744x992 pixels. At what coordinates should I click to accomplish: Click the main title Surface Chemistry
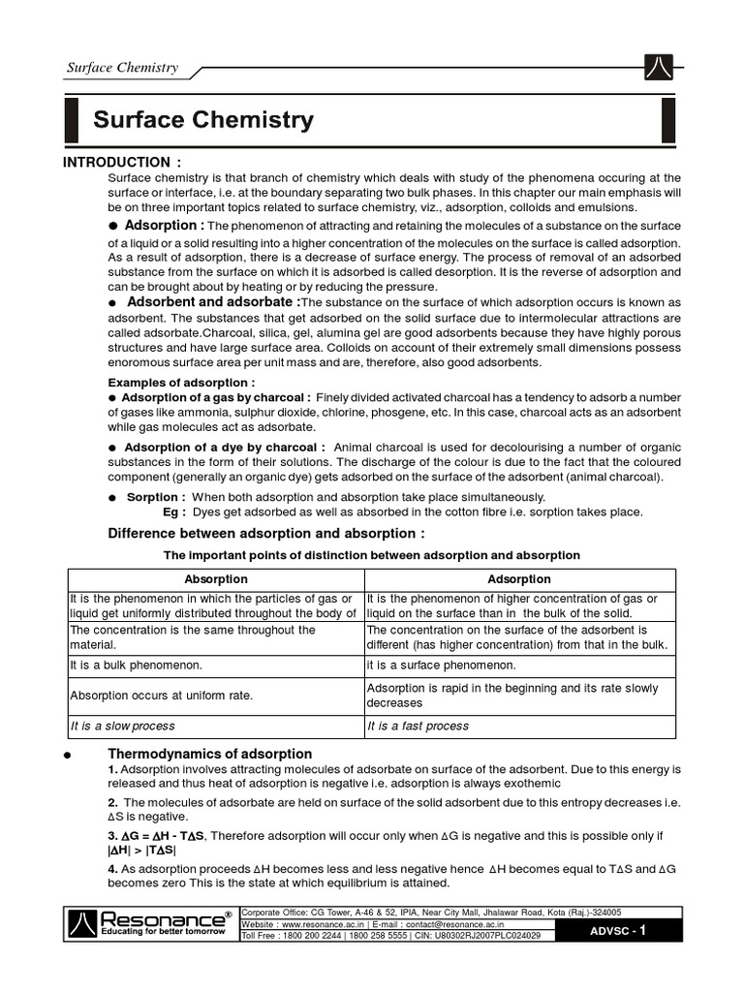click(x=203, y=120)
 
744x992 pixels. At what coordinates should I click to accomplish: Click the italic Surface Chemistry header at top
click(x=122, y=68)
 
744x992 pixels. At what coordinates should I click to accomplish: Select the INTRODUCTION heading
click(x=122, y=161)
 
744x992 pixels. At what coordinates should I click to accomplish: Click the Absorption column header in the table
click(x=216, y=579)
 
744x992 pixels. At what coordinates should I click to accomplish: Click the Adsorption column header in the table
click(x=520, y=579)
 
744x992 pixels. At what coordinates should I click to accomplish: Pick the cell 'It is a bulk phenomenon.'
click(x=136, y=666)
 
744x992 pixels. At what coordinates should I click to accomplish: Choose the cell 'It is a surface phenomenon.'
click(x=441, y=666)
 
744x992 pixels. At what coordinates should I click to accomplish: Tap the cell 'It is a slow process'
click(x=122, y=726)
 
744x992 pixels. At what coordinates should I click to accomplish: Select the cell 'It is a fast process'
click(x=418, y=726)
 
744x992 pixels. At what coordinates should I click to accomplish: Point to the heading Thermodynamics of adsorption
click(x=209, y=754)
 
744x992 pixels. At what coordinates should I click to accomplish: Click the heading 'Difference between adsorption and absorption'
click(x=265, y=534)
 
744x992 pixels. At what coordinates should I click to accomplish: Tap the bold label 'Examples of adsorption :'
click(x=168, y=383)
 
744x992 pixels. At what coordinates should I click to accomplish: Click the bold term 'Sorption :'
click(x=156, y=497)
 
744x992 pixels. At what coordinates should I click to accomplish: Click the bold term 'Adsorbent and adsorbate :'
click(x=204, y=302)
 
